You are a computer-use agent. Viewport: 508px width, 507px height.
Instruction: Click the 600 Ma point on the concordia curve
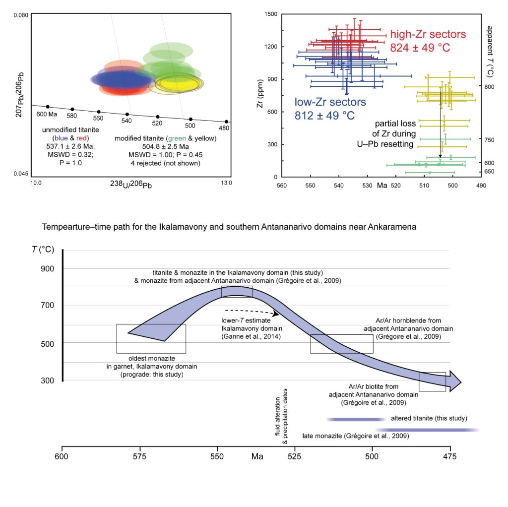pos(48,107)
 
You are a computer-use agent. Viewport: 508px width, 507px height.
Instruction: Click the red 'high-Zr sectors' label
pos(428,35)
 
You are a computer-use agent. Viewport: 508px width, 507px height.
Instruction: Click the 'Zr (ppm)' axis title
pos(259,95)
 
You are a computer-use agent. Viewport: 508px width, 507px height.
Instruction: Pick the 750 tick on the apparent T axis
pos(489,140)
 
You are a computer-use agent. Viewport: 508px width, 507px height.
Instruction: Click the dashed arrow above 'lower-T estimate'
pos(254,311)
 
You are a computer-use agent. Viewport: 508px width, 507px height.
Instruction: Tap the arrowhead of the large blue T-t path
pos(455,381)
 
